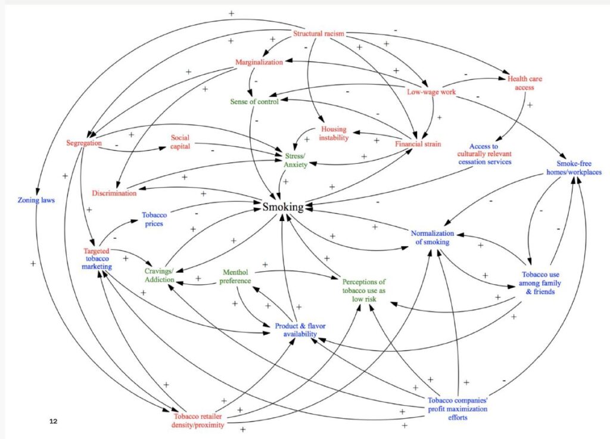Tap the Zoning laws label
click(36, 200)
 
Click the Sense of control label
click(254, 101)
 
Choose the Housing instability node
click(334, 134)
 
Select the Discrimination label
click(114, 193)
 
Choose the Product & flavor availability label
click(300, 330)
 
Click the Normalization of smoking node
click(432, 238)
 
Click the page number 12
click(54, 421)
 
